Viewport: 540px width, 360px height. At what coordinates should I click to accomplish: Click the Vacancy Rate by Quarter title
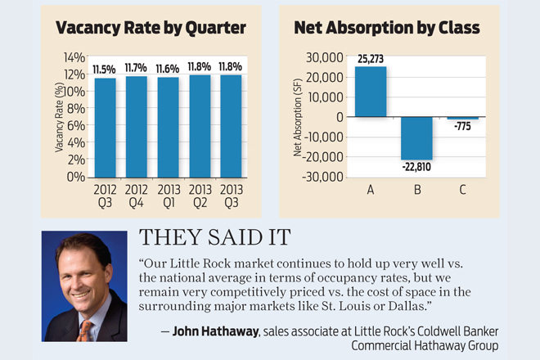(151, 29)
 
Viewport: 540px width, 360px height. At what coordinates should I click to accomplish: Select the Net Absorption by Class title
(387, 29)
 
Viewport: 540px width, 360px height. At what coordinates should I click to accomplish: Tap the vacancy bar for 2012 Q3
(105, 127)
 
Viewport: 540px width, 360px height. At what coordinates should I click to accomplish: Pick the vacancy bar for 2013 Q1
(168, 127)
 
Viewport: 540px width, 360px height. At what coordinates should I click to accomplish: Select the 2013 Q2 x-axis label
(200, 196)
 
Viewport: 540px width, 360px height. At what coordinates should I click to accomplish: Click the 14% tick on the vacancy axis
(74, 57)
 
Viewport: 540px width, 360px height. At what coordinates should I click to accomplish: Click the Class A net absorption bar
(370, 92)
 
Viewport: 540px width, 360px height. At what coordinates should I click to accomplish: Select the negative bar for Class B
(416, 137)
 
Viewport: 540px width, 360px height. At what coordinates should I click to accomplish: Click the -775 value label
(463, 127)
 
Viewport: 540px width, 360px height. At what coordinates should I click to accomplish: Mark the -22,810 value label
(416, 168)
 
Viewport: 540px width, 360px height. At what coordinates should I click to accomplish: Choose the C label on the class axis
(463, 191)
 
